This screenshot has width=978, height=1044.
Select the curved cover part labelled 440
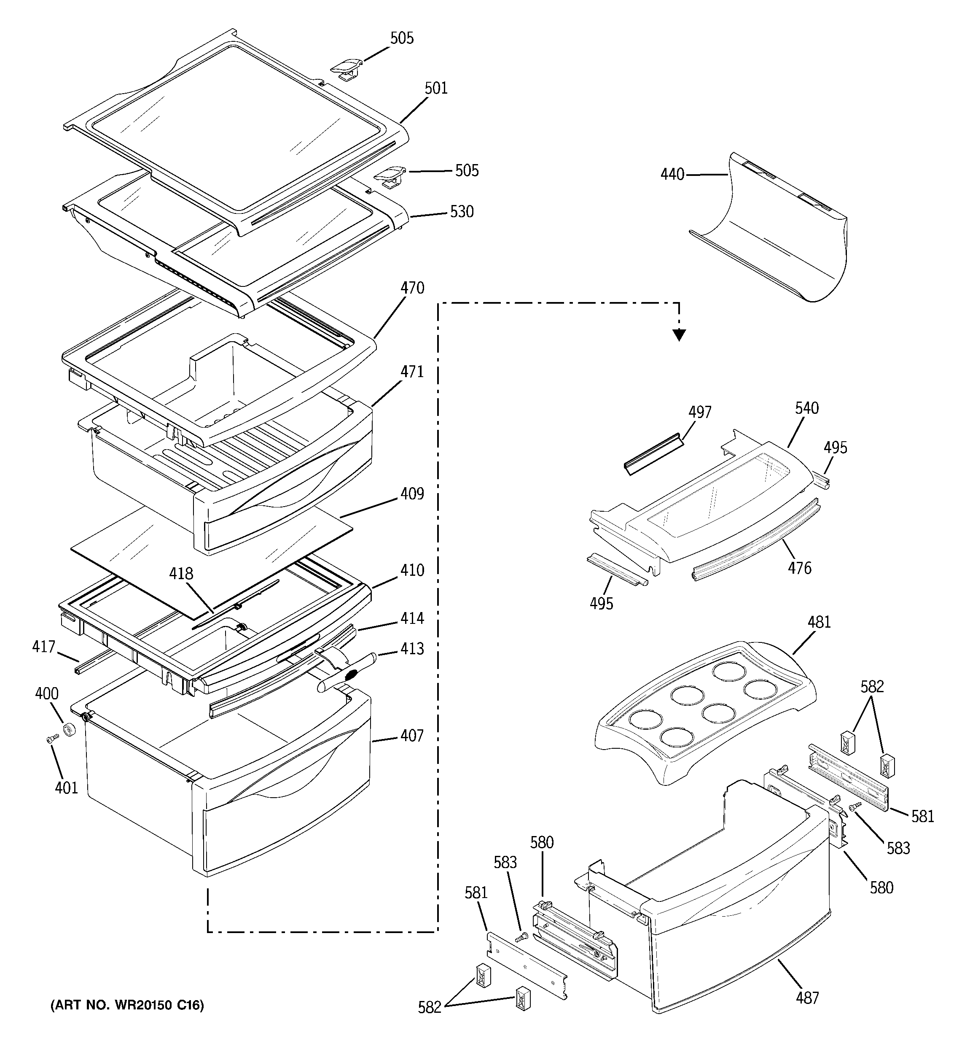point(777,236)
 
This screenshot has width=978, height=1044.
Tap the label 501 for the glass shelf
point(436,88)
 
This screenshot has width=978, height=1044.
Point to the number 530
point(462,212)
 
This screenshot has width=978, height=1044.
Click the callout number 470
point(412,288)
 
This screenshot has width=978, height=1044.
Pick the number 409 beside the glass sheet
point(412,494)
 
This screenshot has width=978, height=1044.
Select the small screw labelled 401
point(51,739)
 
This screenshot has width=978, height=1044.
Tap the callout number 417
point(43,647)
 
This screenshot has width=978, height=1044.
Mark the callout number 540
point(806,408)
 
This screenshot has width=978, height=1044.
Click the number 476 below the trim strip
point(800,568)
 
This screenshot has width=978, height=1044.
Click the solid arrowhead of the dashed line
point(679,335)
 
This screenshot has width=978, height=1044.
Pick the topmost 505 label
point(402,38)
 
